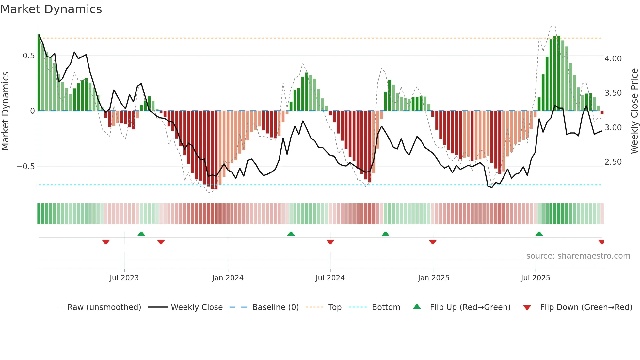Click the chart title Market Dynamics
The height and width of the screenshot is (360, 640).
coord(51,9)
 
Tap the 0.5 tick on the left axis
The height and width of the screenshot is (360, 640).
coord(28,56)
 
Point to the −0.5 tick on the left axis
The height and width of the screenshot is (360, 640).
coord(25,167)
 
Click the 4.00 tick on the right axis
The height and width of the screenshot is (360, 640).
coord(613,59)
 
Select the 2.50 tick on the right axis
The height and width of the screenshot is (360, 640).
coord(613,162)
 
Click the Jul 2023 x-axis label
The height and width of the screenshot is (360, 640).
coord(124,278)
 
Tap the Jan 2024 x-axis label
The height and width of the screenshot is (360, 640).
coord(228,278)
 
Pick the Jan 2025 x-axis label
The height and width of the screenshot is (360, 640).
coord(433,278)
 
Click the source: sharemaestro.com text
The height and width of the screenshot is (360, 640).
coord(578,256)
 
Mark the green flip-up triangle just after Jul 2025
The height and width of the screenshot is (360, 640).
coord(539,234)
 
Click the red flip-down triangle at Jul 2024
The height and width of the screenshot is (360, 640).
coord(330,242)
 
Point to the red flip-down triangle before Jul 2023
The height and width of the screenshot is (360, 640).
coord(106,242)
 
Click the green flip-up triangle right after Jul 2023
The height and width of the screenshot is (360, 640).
coord(141,234)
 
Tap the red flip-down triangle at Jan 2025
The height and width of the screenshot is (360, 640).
coord(433,242)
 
